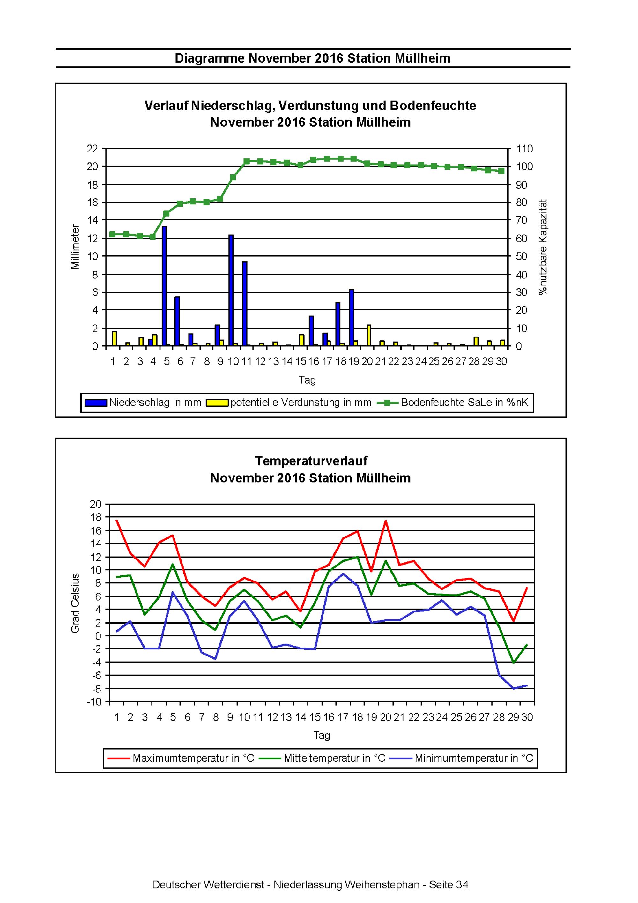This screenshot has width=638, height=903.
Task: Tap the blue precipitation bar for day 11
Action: point(244,304)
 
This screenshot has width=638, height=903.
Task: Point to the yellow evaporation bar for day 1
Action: point(115,339)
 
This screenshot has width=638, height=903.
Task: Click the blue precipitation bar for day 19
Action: point(352,318)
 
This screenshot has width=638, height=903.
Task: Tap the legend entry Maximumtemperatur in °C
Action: point(181,758)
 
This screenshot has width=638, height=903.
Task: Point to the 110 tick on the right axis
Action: point(524,149)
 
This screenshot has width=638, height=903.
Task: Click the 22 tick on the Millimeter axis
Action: point(93,149)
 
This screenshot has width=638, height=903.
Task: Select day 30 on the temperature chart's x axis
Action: point(527,717)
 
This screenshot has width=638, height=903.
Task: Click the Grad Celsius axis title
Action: point(75,603)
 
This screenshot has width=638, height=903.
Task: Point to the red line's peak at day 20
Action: point(385,521)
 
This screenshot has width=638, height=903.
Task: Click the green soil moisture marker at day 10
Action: point(233,177)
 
